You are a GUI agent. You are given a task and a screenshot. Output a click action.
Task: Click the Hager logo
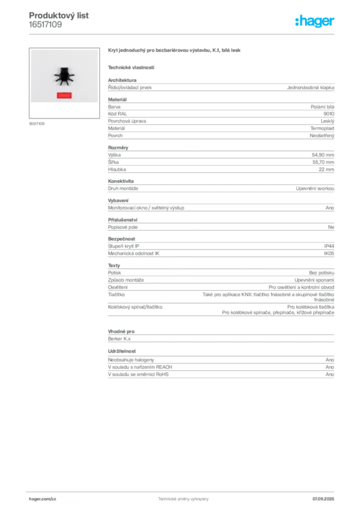point(314,21)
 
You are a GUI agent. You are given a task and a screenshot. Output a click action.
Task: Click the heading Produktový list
point(59,15)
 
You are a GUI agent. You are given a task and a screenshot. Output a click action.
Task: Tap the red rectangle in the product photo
point(64,95)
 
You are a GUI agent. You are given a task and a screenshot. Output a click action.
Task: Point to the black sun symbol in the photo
point(64,76)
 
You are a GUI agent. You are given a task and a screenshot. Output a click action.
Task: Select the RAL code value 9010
point(329,114)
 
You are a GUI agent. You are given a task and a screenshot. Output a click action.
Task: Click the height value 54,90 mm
point(323,155)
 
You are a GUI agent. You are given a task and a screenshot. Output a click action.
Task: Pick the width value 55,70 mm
point(323,162)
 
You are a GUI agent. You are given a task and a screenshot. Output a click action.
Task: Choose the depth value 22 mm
point(326,169)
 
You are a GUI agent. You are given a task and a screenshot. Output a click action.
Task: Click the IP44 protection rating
point(329,246)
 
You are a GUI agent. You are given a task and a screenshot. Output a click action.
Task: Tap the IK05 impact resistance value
point(329,253)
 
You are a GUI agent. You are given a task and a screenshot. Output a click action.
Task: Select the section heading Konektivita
point(121,181)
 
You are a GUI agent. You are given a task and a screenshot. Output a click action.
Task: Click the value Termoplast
point(322,128)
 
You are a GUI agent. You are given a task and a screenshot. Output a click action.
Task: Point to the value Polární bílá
point(322,106)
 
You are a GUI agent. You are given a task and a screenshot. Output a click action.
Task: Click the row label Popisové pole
point(123,227)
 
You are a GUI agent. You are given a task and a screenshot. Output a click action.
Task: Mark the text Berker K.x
point(119,339)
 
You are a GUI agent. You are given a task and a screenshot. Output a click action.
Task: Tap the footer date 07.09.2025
point(323,499)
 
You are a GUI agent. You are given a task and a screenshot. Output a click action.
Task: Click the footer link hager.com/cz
point(43,499)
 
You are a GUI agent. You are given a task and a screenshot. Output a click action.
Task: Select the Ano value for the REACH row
point(330,367)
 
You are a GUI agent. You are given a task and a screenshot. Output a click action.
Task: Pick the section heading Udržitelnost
point(122,351)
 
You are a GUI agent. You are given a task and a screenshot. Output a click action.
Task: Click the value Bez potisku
point(321,273)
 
